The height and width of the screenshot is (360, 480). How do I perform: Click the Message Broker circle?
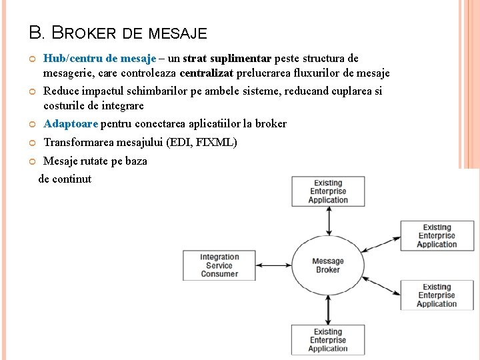[x=327, y=265]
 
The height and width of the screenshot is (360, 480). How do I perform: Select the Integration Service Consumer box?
[x=219, y=265]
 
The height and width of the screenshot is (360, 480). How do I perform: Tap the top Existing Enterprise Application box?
[x=328, y=191]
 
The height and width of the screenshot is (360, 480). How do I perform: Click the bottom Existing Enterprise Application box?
[x=328, y=340]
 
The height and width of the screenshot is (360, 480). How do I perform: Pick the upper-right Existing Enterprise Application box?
[x=437, y=236]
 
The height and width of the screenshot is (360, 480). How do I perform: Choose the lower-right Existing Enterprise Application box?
[x=437, y=295]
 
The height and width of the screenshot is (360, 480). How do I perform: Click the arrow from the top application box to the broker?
[x=328, y=219]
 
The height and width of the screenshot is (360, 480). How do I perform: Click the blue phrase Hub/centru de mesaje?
[x=99, y=59]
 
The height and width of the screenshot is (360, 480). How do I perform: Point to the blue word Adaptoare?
[x=71, y=123]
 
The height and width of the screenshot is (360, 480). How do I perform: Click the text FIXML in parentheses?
[x=214, y=142]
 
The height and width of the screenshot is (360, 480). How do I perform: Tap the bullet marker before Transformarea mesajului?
[x=33, y=143]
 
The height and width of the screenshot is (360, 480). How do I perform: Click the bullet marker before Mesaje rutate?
[x=33, y=161]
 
